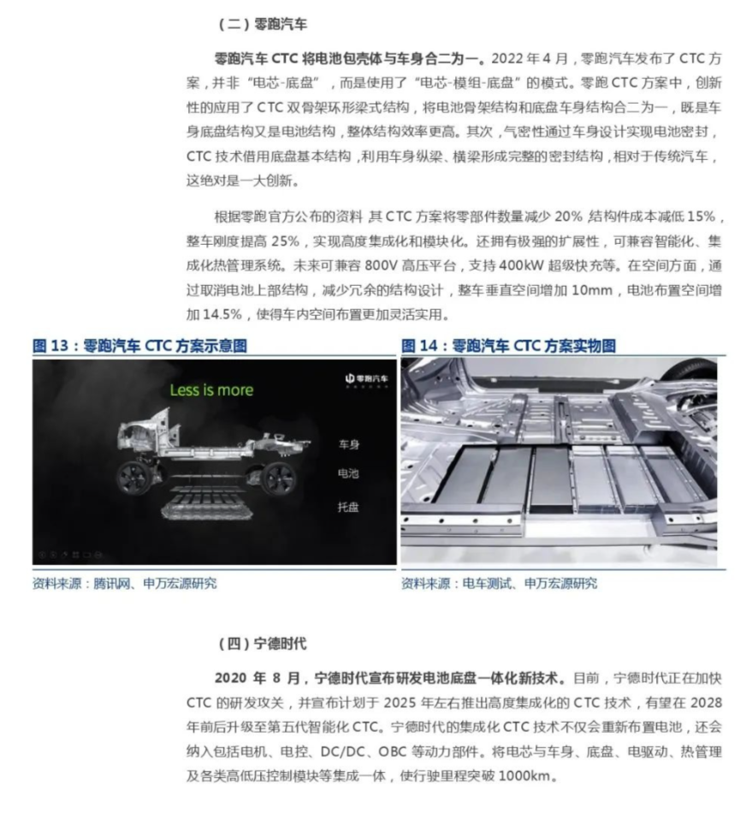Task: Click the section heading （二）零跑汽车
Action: (x=258, y=23)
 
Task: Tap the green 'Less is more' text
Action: (x=211, y=390)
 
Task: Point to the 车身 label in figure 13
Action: (x=349, y=445)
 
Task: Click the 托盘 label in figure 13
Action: (x=349, y=507)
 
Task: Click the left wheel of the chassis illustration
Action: (x=136, y=476)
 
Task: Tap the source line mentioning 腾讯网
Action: (x=124, y=584)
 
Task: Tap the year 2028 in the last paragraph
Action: (x=706, y=703)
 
